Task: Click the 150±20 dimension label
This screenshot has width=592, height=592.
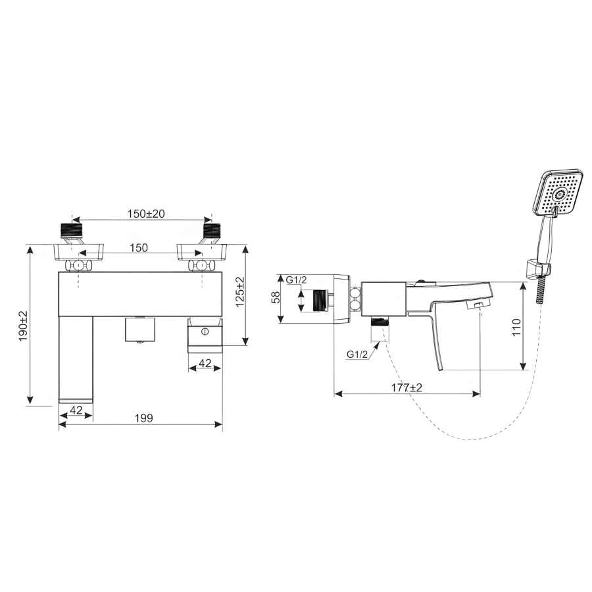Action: pos(146,214)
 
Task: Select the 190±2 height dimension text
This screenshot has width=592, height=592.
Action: pos(24,326)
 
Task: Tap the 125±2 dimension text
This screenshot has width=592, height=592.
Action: pos(240,292)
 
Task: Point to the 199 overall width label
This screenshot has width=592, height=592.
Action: pos(144,418)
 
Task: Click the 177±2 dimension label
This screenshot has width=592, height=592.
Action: pos(407,387)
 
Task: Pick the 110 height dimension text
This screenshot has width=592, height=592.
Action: pos(516,327)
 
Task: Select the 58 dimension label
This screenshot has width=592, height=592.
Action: pos(276,297)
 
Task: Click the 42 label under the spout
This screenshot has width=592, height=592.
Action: pos(76,410)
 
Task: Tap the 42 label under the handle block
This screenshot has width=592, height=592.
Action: pos(205,363)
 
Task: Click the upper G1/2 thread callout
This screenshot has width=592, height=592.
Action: pos(297,280)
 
